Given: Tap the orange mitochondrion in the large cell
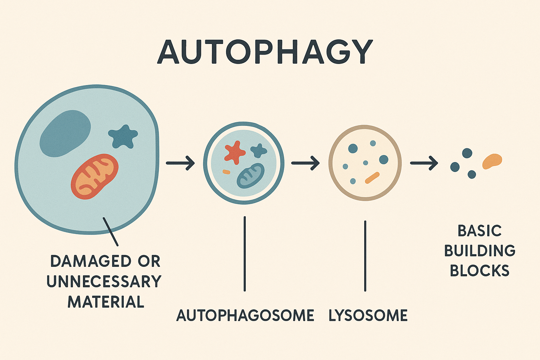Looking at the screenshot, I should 95,176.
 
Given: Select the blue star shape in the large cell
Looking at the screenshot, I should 123,136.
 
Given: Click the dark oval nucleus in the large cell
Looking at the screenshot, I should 65,133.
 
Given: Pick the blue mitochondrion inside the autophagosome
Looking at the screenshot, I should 250,175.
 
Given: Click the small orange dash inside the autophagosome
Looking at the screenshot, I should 226,172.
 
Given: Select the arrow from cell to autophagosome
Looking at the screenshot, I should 180,163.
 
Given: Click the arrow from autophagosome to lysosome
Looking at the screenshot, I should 305,163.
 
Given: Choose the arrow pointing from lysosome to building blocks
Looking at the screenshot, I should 424,163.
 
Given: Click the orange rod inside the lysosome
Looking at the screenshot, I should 372,178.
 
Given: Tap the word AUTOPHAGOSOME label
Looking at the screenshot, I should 245,315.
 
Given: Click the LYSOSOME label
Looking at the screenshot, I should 368,315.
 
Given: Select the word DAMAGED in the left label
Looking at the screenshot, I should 91,261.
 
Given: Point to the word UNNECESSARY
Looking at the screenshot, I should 104,282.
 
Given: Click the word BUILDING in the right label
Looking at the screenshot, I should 480,251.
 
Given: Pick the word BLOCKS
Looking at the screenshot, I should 480,271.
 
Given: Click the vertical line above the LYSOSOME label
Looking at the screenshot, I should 365,256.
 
